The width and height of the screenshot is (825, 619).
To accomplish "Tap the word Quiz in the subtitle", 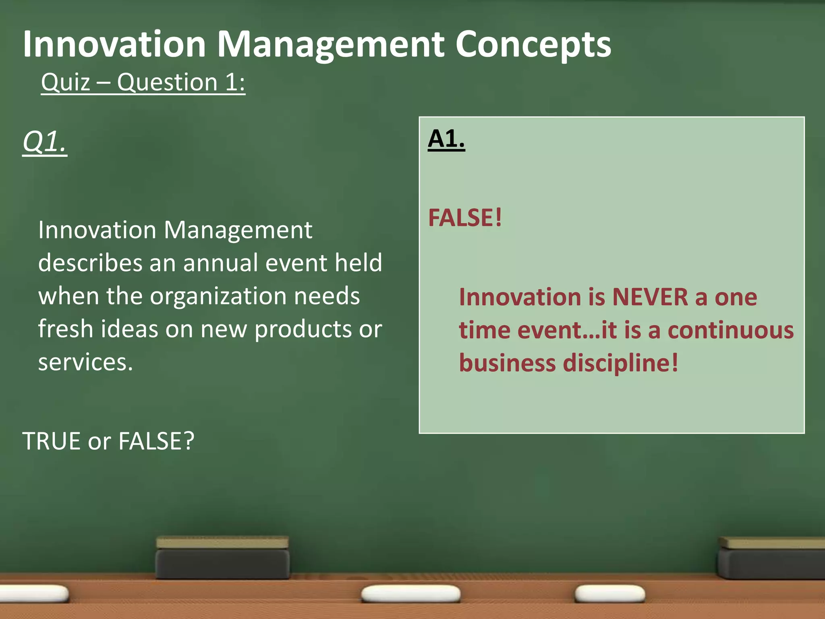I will click(65, 82).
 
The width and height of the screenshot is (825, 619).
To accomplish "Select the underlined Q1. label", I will click(45, 142).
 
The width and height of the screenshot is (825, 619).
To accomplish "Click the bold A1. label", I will click(446, 139).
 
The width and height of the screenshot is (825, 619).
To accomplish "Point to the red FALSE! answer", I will click(465, 218).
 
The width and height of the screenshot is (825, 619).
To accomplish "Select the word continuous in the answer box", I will click(731, 330).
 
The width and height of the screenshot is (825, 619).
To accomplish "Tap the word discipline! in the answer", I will click(620, 363).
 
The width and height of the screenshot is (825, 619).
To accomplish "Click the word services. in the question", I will click(85, 362).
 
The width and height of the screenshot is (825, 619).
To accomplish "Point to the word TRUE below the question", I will click(51, 441).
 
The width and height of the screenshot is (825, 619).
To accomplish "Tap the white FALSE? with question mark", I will click(156, 441).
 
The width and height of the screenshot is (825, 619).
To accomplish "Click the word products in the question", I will click(303, 329).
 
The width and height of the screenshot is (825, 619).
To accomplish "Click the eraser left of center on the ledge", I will click(222, 558).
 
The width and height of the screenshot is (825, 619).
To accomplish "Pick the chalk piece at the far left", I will click(34, 594).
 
